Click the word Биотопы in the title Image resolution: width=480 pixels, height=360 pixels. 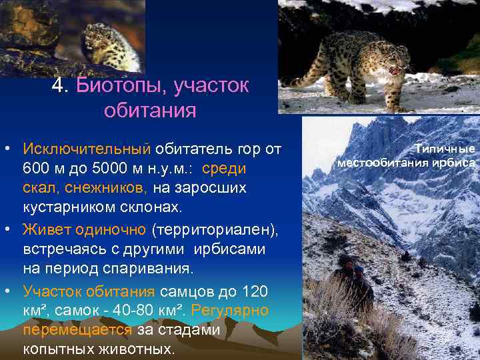click(x=119, y=85)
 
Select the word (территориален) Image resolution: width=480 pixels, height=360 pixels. click(x=213, y=229)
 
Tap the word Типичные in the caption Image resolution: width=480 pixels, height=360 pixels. click(x=445, y=149)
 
